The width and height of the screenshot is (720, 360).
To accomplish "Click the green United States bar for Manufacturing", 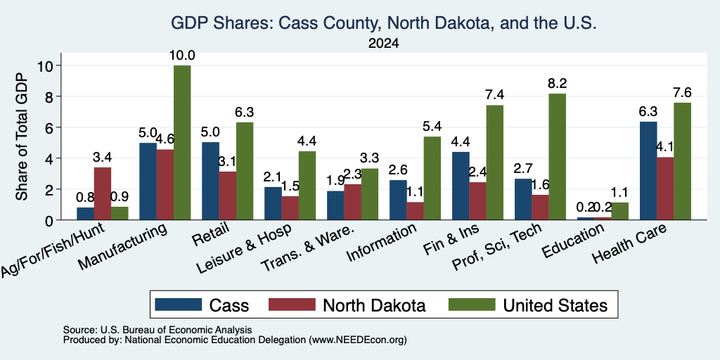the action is pos(182,143).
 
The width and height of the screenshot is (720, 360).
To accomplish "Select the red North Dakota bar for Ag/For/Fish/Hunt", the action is pos(103,194).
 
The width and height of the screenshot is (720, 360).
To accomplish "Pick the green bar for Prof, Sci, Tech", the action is pos(557,157).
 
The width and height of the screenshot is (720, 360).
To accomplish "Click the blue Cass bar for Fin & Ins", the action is pos(461,186).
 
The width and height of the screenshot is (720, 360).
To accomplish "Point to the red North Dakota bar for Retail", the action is pos(228,196).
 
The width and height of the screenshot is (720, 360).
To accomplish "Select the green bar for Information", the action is pos(432,178).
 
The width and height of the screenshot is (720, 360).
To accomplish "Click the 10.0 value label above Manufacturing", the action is pos(182,56).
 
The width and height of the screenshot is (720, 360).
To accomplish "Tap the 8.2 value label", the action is pos(557,84).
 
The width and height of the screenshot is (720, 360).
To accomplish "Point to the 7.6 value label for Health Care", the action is pos(682,93).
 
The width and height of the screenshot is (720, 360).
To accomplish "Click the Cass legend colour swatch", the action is pos(178,304).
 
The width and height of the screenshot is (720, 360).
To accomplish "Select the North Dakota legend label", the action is pos(374,305).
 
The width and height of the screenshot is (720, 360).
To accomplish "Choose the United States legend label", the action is pos(555,305).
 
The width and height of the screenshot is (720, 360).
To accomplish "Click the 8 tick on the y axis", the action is pos(50,96).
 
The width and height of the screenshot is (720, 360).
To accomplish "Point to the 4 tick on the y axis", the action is pos(50,158).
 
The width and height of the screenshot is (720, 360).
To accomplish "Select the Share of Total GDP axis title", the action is pos(22,136).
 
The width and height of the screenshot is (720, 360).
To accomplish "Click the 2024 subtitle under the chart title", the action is pos(383,44).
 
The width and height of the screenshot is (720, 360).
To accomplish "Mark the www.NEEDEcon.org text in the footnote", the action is pos(358,340).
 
